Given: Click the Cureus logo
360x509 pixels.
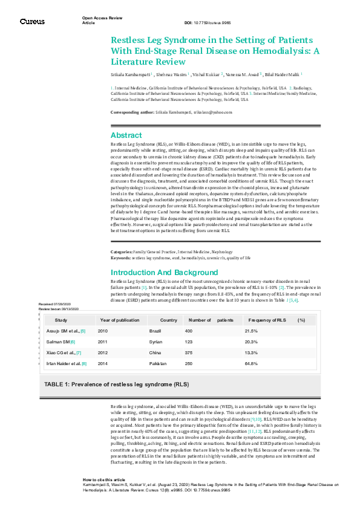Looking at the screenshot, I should coord(32,22).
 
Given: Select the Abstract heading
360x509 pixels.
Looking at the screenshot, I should coord(126,135).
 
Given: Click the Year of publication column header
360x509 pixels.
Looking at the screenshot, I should coord(119,320).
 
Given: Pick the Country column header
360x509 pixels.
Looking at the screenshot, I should coord(169,320).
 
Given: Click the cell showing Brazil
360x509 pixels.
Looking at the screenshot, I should coord(155,331).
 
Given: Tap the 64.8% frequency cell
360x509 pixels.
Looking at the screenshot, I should coord(251,363).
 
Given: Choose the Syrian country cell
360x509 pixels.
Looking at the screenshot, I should coord(155,342).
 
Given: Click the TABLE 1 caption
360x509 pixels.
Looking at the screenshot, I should coord(116,384).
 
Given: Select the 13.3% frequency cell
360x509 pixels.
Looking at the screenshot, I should coord(251,352).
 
